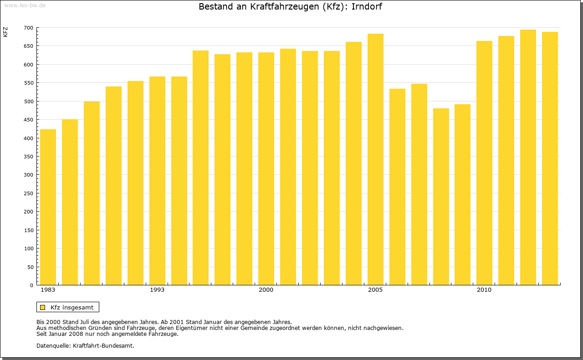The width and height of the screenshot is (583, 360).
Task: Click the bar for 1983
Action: coord(48,207)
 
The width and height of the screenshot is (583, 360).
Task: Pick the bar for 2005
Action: coord(375,159)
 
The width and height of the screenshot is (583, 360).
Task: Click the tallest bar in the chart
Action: coord(528,157)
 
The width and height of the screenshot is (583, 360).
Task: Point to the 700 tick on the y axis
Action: coord(29,28)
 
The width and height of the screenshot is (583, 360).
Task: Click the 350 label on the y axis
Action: coord(29,157)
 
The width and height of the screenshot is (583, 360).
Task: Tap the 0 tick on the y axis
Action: coord(31,285)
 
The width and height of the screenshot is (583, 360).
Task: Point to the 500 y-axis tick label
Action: coord(29,101)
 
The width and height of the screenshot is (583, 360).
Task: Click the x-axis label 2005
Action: coord(375,290)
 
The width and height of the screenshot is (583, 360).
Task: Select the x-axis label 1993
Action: coord(157,290)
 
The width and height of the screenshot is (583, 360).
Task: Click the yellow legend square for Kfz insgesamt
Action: coord(43,307)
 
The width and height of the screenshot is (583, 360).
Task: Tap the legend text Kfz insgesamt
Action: coord(72,307)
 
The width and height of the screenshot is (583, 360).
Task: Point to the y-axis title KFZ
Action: coord(5,32)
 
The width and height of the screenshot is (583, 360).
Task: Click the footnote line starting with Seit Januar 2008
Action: coord(107,334)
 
